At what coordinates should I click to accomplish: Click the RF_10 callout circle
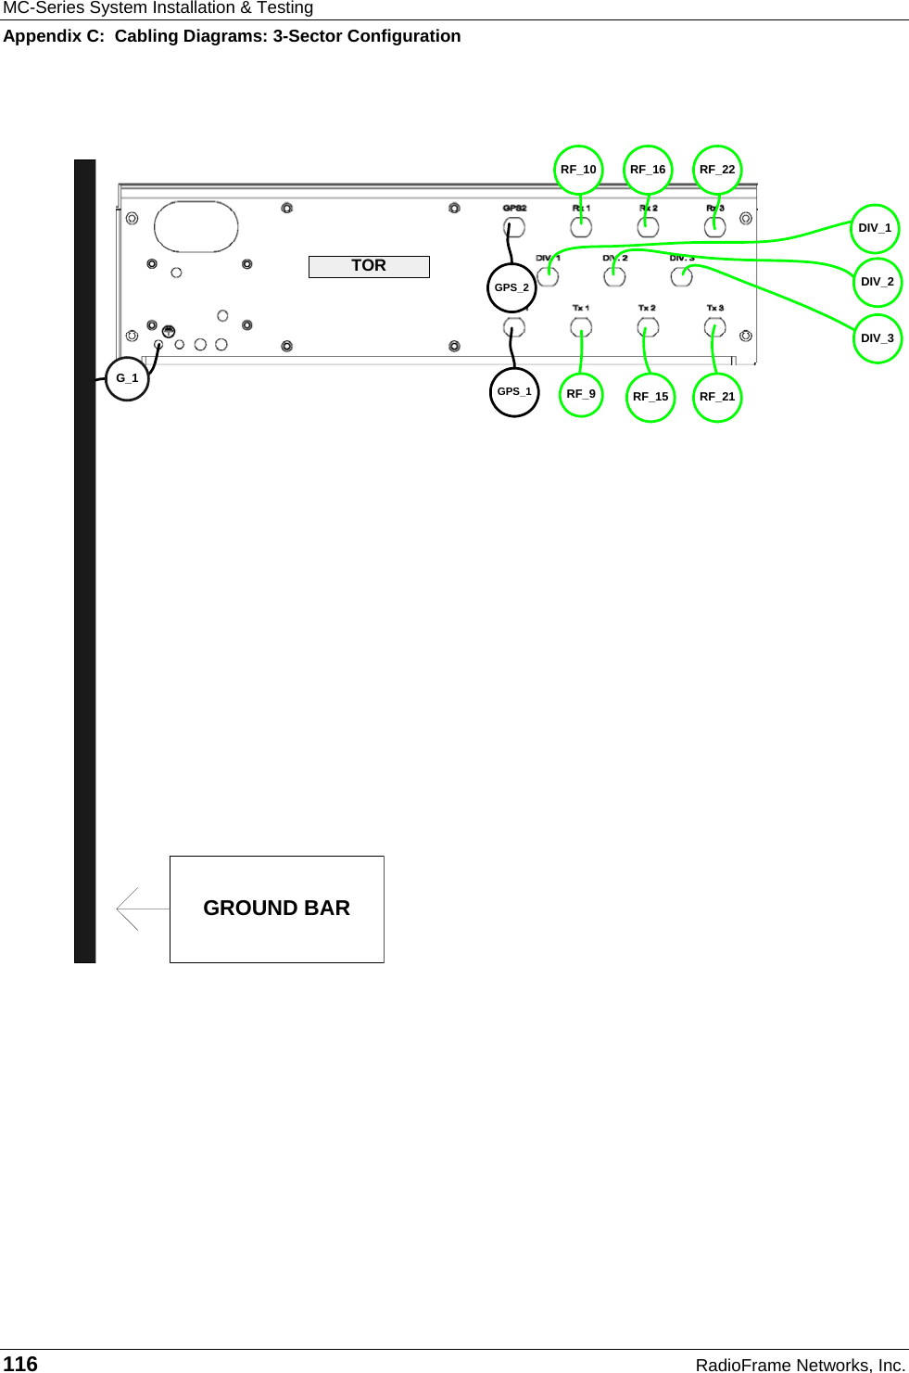(579, 170)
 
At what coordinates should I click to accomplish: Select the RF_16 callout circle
(648, 170)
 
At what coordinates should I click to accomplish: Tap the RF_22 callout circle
(717, 170)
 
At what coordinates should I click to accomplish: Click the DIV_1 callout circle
(875, 228)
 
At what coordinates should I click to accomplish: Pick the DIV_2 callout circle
(877, 282)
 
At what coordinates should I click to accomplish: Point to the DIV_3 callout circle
(877, 338)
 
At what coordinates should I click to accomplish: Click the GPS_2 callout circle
(511, 287)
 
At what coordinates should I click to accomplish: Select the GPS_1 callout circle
(514, 391)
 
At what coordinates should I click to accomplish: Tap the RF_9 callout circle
(581, 394)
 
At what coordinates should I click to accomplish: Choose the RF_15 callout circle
(650, 397)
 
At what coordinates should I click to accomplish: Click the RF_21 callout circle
(717, 397)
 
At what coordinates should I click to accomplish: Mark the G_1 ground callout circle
(127, 378)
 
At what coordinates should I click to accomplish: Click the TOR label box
(369, 266)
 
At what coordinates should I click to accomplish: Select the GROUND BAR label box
(276, 909)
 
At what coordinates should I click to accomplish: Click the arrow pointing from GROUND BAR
(139, 909)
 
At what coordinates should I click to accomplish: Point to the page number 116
(20, 1364)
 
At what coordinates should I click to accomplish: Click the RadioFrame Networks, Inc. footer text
(800, 1365)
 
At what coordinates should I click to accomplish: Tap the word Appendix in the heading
(42, 36)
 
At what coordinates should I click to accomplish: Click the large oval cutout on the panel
(196, 226)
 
